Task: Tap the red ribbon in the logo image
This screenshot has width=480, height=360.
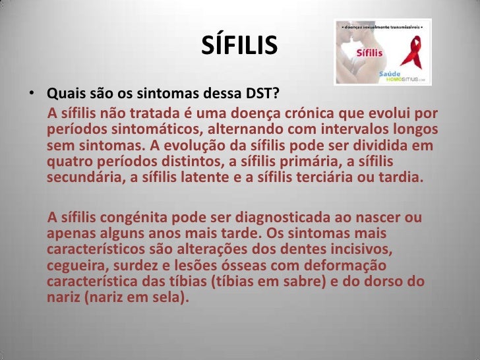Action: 413,53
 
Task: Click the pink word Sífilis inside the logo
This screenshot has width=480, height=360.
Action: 371,51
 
